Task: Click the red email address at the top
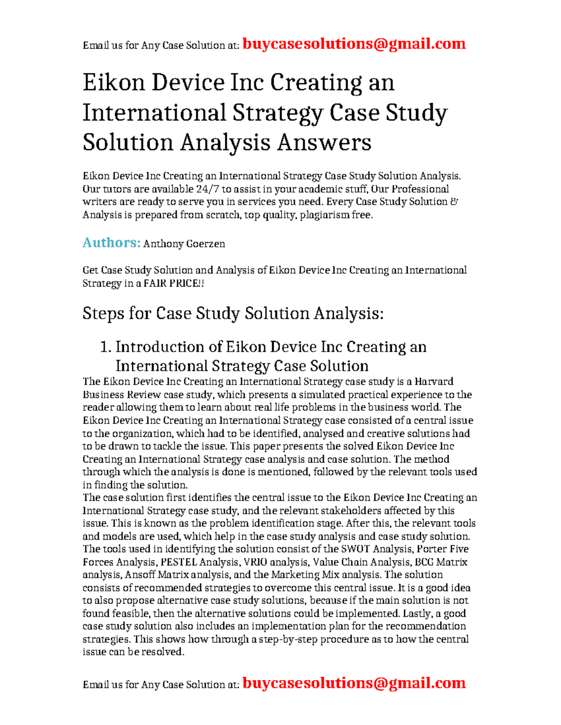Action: pos(354,44)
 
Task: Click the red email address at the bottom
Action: pos(354,683)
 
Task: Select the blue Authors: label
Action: pos(111,243)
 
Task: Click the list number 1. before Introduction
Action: pos(106,347)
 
